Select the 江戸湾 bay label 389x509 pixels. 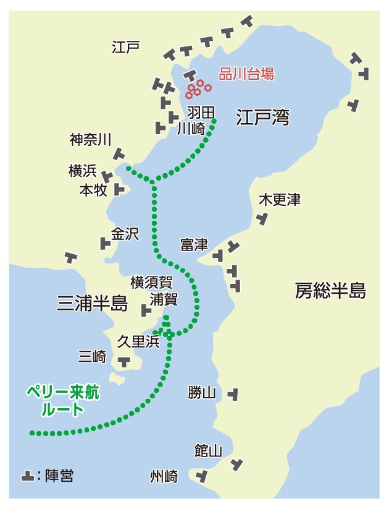click(x=263, y=117)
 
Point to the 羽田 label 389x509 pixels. click(x=201, y=112)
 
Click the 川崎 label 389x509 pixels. click(x=190, y=129)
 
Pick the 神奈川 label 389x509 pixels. click(x=90, y=140)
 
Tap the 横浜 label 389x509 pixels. click(x=82, y=171)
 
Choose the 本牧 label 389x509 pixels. click(x=93, y=190)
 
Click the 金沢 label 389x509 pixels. click(x=125, y=234)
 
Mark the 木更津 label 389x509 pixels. click(x=279, y=200)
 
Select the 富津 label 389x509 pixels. click(x=194, y=244)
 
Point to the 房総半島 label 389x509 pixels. click(x=330, y=290)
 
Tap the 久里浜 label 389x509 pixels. click(x=138, y=341)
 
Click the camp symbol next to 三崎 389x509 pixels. click(x=124, y=360)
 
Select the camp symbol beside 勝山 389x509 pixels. click(x=233, y=393)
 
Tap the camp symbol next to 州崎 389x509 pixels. click(x=201, y=476)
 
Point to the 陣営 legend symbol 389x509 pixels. click(x=27, y=476)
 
